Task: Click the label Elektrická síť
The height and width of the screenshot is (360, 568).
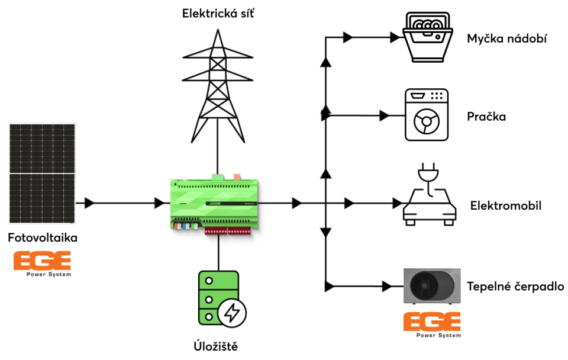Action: click(x=218, y=12)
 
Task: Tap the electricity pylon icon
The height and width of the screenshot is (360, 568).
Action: click(x=218, y=89)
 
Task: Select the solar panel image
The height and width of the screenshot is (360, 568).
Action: click(x=42, y=173)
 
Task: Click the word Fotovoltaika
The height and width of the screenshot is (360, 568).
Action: click(x=43, y=238)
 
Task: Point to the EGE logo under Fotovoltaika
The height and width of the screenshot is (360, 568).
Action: click(x=42, y=263)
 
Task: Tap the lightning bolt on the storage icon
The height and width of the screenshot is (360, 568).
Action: click(x=233, y=311)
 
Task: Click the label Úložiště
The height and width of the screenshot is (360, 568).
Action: click(x=215, y=346)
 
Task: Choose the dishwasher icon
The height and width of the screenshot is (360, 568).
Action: click(x=427, y=38)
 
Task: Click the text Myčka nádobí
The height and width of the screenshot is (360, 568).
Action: click(x=506, y=39)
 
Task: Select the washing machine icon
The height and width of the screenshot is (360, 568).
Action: click(x=426, y=115)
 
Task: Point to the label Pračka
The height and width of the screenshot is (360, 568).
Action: click(x=486, y=116)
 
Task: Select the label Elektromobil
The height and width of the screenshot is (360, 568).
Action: click(x=506, y=205)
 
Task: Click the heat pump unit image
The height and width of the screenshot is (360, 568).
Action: click(x=431, y=286)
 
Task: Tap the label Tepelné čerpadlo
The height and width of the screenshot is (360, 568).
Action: click(x=515, y=287)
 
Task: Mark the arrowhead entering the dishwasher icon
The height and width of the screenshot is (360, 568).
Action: click(x=395, y=38)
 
